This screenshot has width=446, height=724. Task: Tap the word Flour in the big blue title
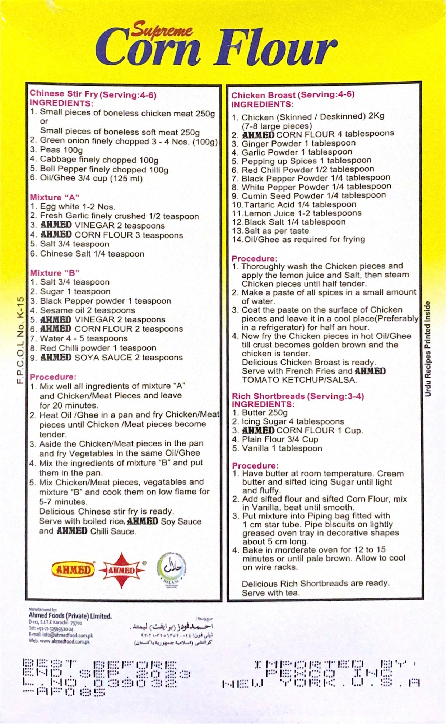276,49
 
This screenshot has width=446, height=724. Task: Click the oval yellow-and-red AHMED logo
73,570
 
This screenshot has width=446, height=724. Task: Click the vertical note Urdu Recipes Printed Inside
427,349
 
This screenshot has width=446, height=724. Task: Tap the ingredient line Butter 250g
264,412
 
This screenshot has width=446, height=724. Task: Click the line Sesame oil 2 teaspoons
87,310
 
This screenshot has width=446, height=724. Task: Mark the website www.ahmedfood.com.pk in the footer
60,641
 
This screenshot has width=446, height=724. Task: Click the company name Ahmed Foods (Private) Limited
70,616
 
